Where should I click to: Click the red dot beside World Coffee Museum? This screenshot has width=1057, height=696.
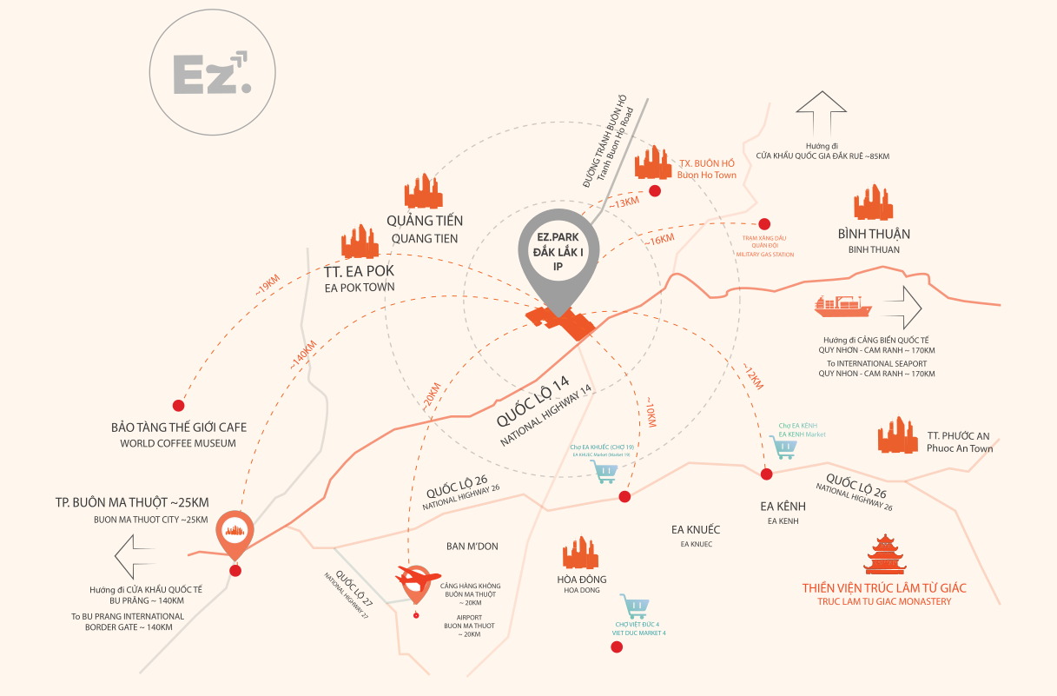click(x=179, y=405)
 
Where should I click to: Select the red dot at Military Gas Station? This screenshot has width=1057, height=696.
click(x=764, y=223)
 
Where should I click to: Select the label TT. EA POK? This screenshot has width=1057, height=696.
click(x=360, y=270)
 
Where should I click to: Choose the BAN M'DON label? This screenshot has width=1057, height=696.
click(x=472, y=547)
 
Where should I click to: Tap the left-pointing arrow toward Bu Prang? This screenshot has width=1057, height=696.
click(x=134, y=557)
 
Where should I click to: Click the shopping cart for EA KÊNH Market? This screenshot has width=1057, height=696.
click(x=785, y=448)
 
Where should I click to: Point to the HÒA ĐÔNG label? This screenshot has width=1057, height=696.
click(x=582, y=580)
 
